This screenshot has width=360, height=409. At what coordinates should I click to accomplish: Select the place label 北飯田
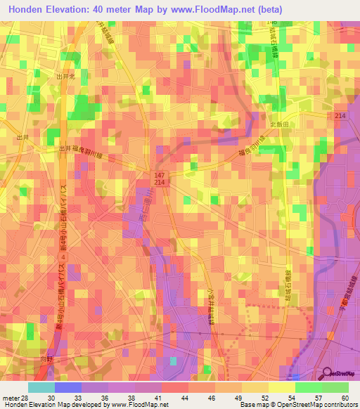(x=280, y=124)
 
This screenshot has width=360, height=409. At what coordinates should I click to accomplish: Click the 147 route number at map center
(x=160, y=173)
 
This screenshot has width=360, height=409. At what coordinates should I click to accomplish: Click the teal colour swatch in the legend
(x=41, y=387)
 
